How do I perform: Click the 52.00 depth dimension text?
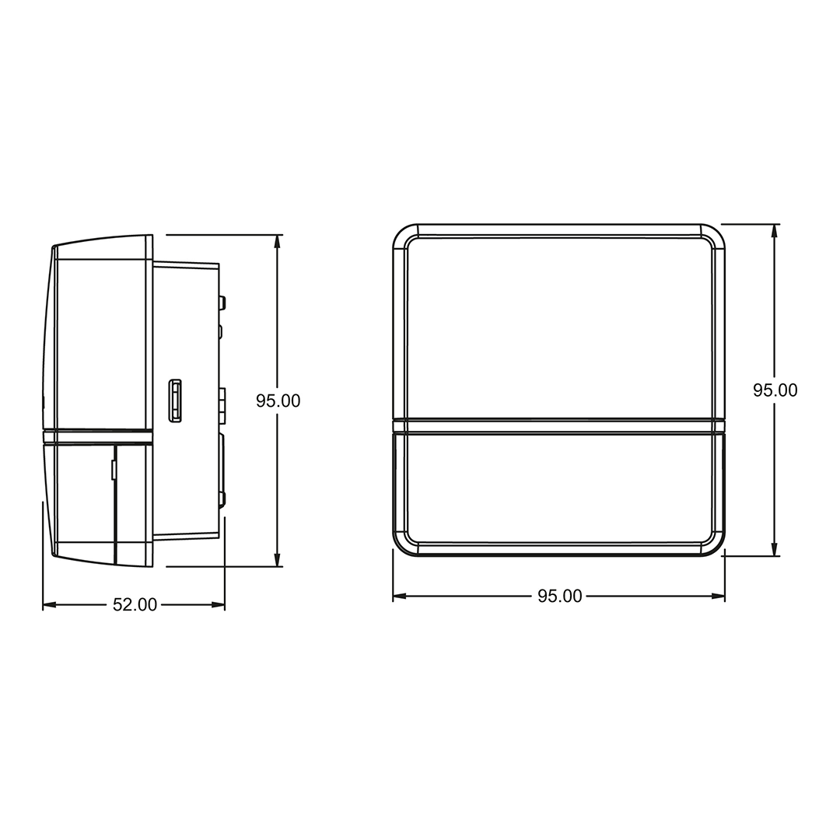click(x=135, y=605)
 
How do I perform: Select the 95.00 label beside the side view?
click(x=278, y=401)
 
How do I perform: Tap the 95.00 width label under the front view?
click(x=560, y=597)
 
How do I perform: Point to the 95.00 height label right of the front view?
click(x=775, y=390)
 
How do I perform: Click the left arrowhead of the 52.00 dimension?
click(x=49, y=605)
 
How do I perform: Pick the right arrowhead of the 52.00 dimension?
click(x=218, y=605)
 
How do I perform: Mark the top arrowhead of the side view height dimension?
click(x=277, y=241)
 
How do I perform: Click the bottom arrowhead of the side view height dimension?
click(x=277, y=560)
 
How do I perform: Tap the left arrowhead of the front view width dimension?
click(x=400, y=597)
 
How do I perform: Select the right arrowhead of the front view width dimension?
click(x=718, y=597)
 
